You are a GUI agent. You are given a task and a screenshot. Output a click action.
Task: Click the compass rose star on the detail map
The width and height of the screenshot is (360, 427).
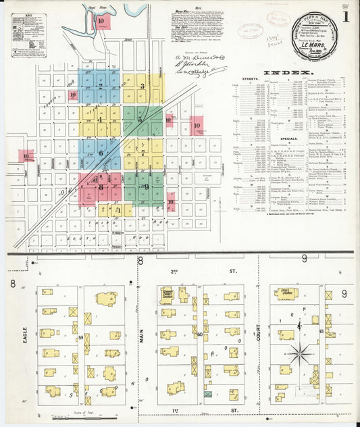pos(298,352)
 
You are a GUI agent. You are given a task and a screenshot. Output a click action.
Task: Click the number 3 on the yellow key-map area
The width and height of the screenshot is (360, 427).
pos(142,86)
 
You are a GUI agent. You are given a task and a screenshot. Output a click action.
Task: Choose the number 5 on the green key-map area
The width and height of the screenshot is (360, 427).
pos(140,120)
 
